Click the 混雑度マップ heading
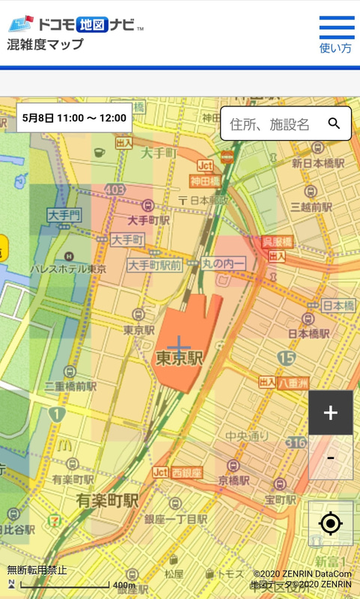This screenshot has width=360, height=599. tap(46, 44)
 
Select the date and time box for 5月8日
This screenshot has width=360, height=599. tap(74, 118)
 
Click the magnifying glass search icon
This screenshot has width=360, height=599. tap(334, 124)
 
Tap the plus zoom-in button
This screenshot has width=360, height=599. tap(330, 413)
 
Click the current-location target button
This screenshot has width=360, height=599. tap(330, 523)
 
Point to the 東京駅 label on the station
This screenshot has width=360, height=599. tap(180, 359)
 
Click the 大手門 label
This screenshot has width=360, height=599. tap(64, 216)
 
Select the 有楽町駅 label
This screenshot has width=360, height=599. tap(108, 499)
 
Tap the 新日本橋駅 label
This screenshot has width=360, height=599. tap(318, 163)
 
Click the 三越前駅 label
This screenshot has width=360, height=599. tap(311, 207)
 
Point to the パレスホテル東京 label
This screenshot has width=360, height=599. tap(68, 268)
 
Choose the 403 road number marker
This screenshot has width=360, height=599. tap(115, 191)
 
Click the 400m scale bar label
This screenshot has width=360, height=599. tap(123, 586)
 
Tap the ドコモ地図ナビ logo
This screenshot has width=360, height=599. tap(76, 24)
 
